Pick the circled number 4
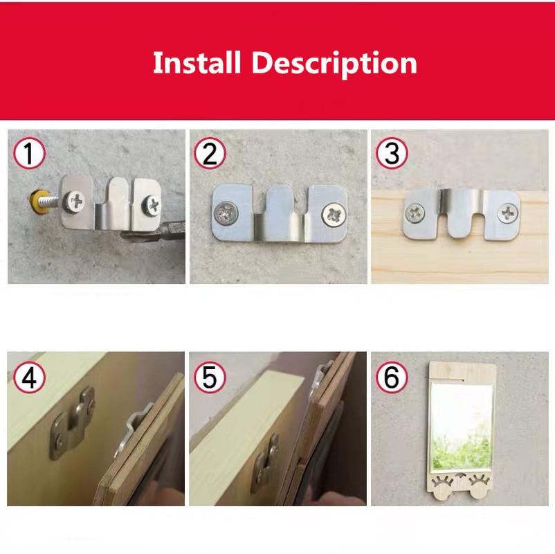pos(28,378)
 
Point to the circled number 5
pos(210,378)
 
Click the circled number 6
pos(392,378)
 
